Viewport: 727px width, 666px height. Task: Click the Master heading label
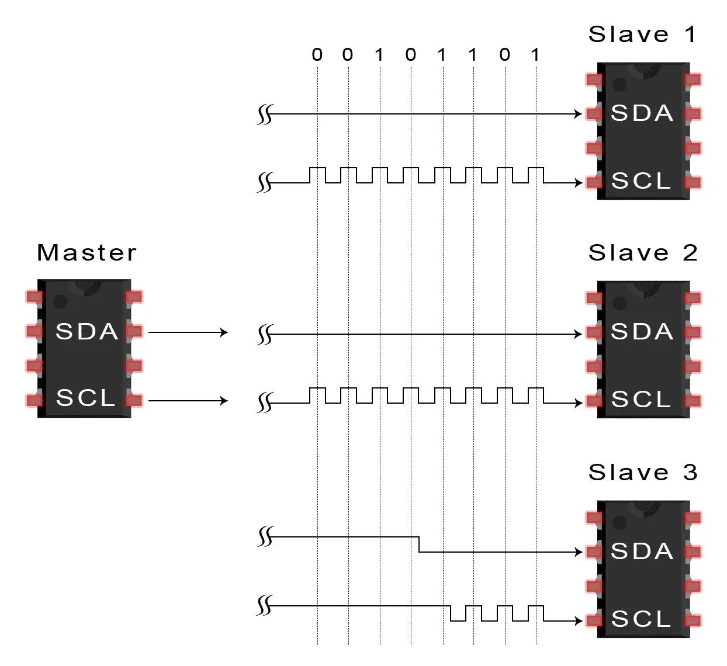[86, 253]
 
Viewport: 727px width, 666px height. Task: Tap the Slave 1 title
[642, 34]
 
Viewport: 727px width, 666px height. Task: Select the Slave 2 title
[642, 253]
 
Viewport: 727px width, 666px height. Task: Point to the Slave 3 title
[642, 472]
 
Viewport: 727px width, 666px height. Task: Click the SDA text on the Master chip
[87, 332]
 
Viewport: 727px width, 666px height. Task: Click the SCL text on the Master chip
[86, 398]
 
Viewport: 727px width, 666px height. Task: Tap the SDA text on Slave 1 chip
[642, 113]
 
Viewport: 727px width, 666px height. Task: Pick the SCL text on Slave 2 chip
[641, 400]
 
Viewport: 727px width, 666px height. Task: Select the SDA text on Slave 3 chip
[642, 551]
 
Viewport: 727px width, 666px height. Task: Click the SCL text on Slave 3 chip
[641, 619]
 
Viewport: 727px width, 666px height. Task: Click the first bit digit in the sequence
[317, 55]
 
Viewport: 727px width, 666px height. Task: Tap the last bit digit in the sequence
[535, 55]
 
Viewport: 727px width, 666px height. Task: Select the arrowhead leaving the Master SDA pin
[223, 332]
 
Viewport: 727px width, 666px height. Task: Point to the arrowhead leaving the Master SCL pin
[223, 401]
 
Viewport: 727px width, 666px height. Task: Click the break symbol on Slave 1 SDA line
[265, 115]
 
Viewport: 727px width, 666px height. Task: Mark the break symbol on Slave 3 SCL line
[265, 606]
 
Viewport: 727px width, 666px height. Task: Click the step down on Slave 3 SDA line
[419, 544]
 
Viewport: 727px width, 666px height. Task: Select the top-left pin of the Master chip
[34, 297]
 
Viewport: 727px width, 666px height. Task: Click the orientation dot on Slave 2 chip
[619, 303]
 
